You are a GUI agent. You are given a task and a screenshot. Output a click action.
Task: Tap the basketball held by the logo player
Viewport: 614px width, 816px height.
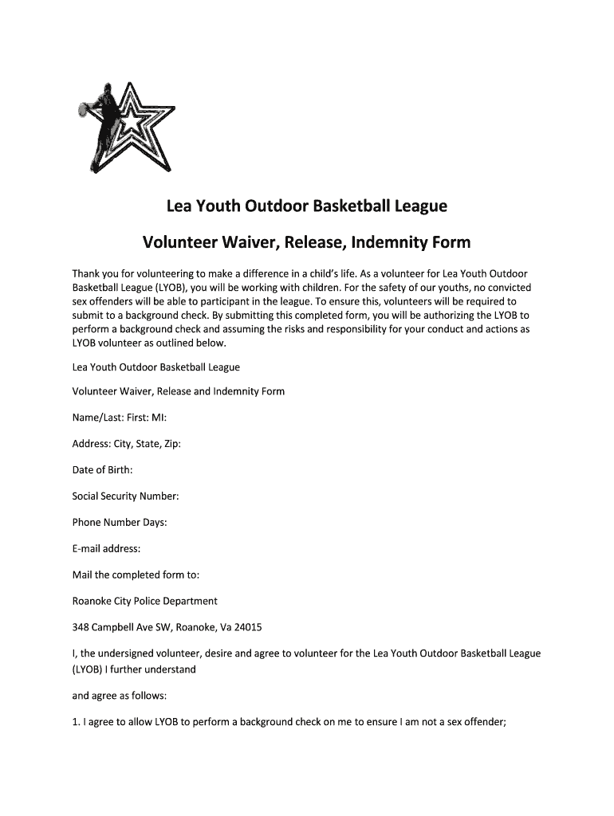click(84, 109)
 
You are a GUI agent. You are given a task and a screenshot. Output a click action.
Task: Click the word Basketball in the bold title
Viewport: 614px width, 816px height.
click(350, 206)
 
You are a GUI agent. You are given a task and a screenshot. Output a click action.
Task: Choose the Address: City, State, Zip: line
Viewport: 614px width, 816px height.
click(127, 443)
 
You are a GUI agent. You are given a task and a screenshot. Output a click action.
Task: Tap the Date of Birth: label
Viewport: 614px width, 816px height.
click(102, 469)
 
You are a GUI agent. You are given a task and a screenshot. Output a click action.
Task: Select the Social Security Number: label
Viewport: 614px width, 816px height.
click(125, 496)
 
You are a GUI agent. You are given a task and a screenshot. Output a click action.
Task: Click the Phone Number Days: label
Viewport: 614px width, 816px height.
click(120, 522)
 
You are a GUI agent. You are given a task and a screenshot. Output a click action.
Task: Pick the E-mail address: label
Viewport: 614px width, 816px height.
click(106, 548)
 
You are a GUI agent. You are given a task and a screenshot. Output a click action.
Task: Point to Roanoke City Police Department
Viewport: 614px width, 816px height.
click(144, 601)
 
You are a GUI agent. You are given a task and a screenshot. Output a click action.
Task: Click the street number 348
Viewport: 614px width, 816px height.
click(81, 627)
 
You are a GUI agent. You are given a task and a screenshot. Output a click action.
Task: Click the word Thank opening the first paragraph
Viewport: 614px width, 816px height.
click(87, 273)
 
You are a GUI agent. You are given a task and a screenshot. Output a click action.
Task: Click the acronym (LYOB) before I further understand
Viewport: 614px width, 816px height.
click(88, 669)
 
